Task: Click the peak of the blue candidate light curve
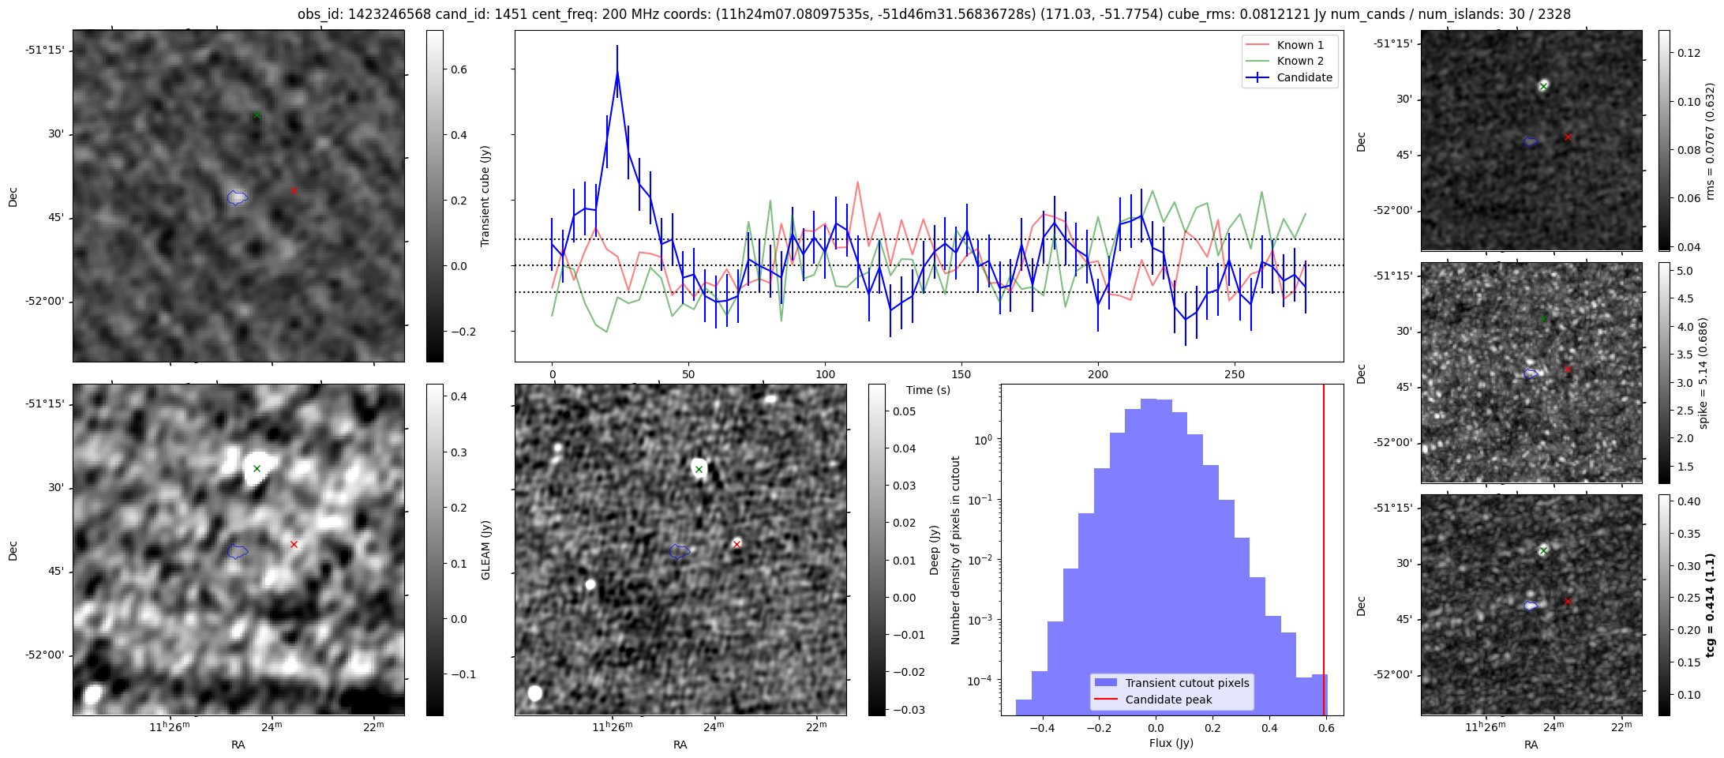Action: pos(617,72)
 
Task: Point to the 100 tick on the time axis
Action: pos(825,374)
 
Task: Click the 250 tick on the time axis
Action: pos(1234,374)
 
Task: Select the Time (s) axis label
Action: pos(928,390)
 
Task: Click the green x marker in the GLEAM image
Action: pos(257,469)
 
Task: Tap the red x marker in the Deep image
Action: pos(736,544)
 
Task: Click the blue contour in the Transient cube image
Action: pos(237,197)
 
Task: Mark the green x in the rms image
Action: pos(1543,86)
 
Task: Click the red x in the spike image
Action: pos(1568,369)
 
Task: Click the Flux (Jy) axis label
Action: pos(1171,743)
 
